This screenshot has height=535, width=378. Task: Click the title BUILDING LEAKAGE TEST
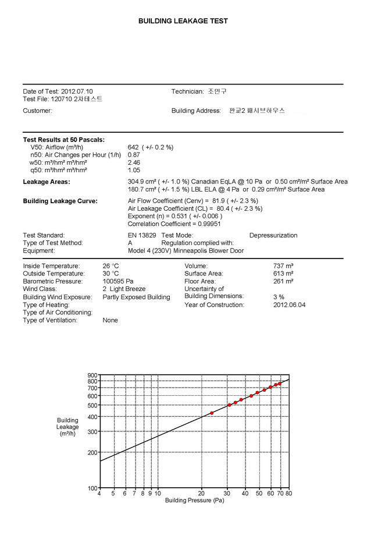(183, 21)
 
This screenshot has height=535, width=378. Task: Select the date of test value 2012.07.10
(77, 91)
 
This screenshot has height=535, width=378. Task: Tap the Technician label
(187, 91)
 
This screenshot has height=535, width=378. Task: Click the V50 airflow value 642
(135, 147)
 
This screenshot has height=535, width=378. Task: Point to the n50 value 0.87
(134, 155)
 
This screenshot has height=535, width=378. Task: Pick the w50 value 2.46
(134, 162)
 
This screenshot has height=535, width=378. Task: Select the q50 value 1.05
(134, 170)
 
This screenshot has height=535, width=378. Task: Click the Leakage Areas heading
(47, 182)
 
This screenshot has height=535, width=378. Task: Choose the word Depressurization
(273, 235)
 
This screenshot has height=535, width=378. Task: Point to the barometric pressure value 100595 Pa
(118, 281)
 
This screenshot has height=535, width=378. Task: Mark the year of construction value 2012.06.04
(289, 304)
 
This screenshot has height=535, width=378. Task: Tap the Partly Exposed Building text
(136, 297)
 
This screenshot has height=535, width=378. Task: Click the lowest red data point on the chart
(212, 413)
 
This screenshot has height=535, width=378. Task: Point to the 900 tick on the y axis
(92, 375)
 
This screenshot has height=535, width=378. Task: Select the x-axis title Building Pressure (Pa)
(194, 500)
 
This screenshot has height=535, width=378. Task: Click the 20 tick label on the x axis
(202, 493)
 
